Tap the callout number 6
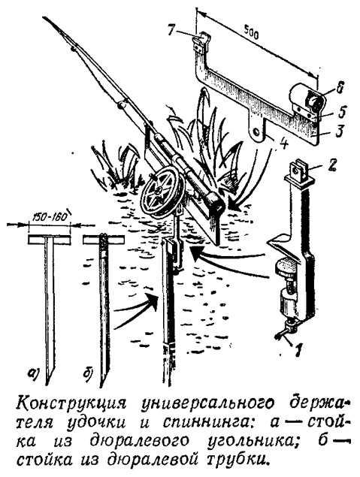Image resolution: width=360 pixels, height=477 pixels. (337, 89)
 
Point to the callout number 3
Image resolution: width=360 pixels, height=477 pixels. (339, 131)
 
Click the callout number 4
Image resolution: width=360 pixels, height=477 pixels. (283, 144)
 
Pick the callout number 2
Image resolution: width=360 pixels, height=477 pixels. (332, 165)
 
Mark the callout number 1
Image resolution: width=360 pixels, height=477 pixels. (298, 350)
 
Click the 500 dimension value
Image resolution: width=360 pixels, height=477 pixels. (251, 35)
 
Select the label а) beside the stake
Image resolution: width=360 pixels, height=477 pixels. (32, 373)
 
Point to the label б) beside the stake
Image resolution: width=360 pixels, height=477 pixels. (88, 373)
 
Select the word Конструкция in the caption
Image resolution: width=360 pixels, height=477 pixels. (71, 404)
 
